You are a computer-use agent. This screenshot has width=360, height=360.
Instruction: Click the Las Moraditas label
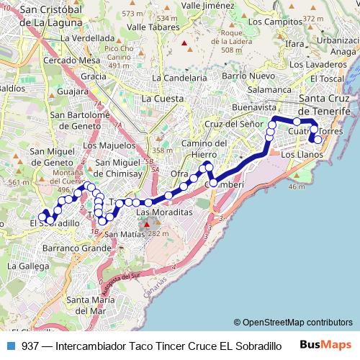pyautogui.click(x=165, y=214)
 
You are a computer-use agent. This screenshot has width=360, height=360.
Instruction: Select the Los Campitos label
pyautogui.click(x=271, y=23)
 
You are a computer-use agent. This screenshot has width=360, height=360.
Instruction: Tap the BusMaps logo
pyautogui.click(x=330, y=345)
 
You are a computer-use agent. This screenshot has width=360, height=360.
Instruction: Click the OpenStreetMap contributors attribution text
pyautogui.click(x=297, y=323)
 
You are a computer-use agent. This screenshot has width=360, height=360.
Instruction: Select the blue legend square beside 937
pyautogui.click(x=9, y=346)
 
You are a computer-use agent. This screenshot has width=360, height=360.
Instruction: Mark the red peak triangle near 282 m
pyautogui.click(x=147, y=225)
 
